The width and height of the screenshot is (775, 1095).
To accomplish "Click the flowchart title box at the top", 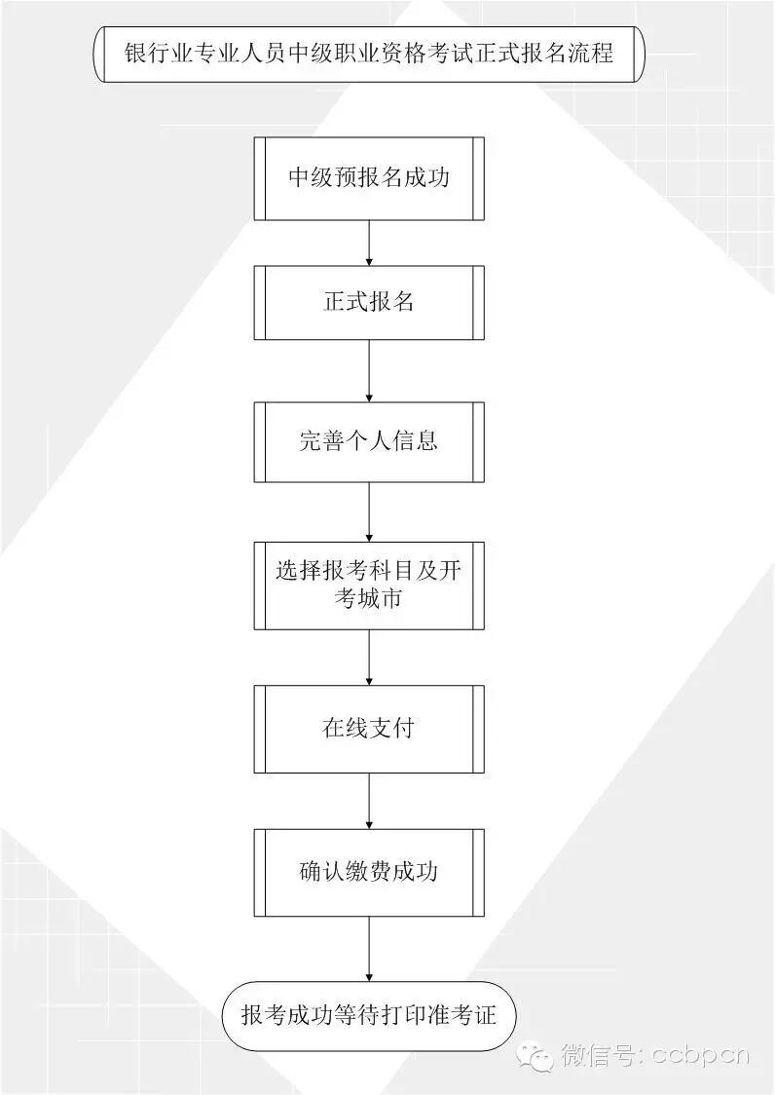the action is [369, 54].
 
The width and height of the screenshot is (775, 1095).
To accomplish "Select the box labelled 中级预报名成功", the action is [369, 179].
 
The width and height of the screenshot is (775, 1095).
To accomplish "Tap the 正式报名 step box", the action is [369, 302].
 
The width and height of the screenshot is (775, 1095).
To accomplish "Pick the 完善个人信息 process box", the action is [369, 440].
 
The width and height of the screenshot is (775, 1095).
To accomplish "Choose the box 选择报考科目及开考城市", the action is [369, 585].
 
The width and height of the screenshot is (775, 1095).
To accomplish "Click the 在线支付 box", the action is [369, 729].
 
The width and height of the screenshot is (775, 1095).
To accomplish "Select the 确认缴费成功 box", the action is [369, 871].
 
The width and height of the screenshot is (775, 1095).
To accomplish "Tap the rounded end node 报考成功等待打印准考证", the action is [369, 1015].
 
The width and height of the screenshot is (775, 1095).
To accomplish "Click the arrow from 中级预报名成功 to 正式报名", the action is [369, 243].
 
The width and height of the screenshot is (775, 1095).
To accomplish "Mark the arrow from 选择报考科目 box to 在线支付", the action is [369, 657].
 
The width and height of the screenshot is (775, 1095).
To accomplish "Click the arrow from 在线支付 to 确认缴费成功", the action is [369, 801].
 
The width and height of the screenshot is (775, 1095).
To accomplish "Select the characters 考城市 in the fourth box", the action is [368, 599].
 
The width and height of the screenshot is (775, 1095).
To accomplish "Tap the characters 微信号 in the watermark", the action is [597, 1054].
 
